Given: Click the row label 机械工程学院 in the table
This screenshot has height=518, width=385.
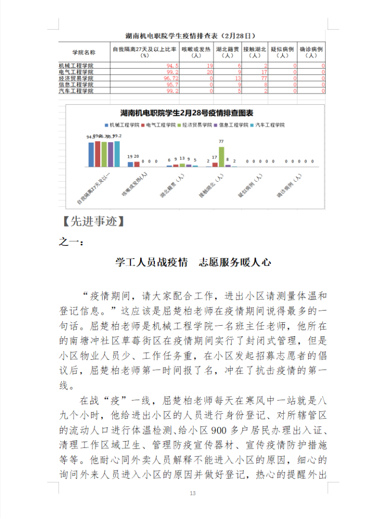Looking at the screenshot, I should click(x=76, y=66).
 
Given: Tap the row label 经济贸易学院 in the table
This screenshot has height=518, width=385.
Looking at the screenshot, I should click(x=76, y=78).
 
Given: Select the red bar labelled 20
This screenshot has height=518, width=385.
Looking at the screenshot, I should click(x=137, y=164).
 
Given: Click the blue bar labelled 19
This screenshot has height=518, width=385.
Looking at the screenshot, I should click(x=130, y=164).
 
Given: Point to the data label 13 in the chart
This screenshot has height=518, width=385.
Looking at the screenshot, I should click(x=182, y=158).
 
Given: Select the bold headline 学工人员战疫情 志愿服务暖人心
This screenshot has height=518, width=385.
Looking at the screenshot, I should click(x=193, y=262).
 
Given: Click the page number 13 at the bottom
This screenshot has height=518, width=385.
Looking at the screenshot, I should click(x=192, y=493).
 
